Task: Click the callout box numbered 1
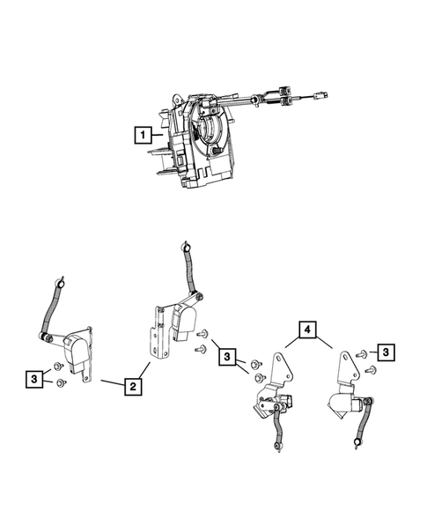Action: tap(141, 135)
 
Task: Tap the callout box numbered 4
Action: tap(306, 330)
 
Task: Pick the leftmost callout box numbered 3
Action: tap(32, 379)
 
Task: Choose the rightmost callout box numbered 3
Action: tap(388, 351)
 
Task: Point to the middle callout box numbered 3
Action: tap(228, 357)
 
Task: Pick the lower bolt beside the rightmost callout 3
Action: tap(369, 368)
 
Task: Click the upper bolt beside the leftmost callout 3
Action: tap(56, 366)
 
